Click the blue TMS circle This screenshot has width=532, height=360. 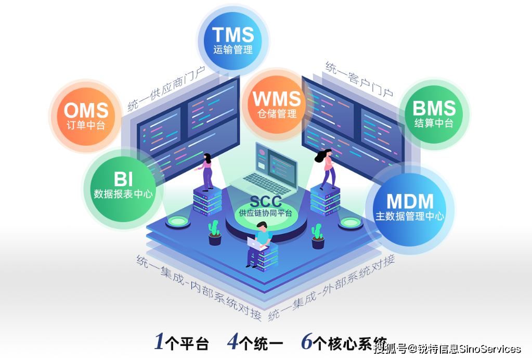233,41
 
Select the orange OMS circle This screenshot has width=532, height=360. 86,116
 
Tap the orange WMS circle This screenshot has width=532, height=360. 277,104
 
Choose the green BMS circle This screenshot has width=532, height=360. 434,113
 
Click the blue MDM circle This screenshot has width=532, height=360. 409,209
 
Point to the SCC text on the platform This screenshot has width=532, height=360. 266,201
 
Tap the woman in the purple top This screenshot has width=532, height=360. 206,172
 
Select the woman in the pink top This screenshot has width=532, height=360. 326,169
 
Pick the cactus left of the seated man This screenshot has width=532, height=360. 214,233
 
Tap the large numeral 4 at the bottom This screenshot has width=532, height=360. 232,341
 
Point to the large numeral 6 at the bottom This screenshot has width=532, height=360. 307,341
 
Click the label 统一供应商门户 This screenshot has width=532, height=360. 166,89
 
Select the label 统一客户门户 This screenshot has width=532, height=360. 359,79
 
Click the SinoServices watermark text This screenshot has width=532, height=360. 490,349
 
